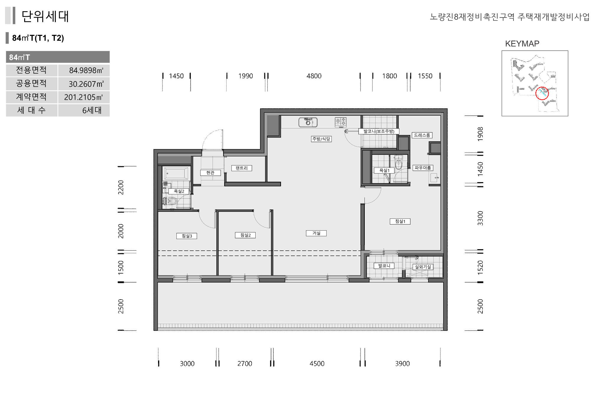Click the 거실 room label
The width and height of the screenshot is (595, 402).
[x=316, y=233]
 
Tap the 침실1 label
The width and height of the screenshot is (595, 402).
[x=400, y=221]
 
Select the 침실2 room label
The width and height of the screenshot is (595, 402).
[x=245, y=235]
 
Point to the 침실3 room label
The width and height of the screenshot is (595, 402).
[x=187, y=236]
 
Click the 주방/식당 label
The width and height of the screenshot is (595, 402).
[x=321, y=139]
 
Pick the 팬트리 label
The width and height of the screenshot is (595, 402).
[x=242, y=168]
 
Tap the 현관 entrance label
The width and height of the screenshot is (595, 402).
[x=210, y=173]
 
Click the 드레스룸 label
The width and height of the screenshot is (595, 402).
[x=422, y=135]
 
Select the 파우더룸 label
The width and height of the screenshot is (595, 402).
[x=423, y=168]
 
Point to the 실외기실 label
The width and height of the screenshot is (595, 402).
[x=423, y=267]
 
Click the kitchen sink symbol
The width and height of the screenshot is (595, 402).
[x=308, y=122]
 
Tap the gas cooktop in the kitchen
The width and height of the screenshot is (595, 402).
[x=341, y=122]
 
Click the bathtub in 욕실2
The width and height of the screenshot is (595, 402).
[x=176, y=174]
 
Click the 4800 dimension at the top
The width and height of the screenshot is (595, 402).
[x=314, y=76]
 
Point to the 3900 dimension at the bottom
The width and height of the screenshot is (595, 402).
[x=402, y=364]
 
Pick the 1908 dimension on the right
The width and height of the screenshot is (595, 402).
[x=480, y=134]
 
